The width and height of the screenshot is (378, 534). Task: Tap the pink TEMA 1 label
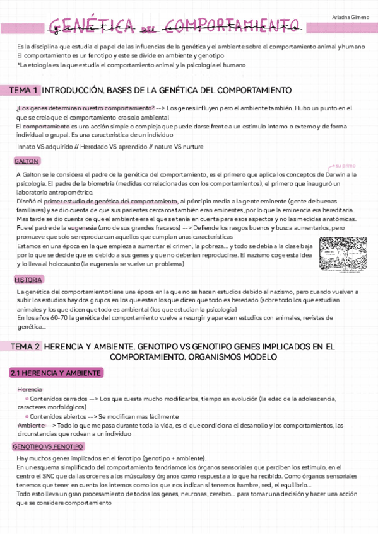click(x=24, y=90)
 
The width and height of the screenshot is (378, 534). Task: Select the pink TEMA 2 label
click(x=24, y=346)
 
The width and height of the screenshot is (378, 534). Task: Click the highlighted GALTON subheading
click(x=27, y=161)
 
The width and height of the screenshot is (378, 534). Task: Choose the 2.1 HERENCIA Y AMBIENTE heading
click(x=56, y=373)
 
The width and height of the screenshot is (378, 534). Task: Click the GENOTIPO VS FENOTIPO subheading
click(x=47, y=446)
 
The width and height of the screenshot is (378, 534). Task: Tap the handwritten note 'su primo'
click(x=346, y=164)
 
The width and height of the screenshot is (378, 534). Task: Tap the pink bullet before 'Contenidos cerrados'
click(x=26, y=399)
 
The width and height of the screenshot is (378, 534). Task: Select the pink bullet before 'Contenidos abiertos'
click(x=26, y=416)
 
